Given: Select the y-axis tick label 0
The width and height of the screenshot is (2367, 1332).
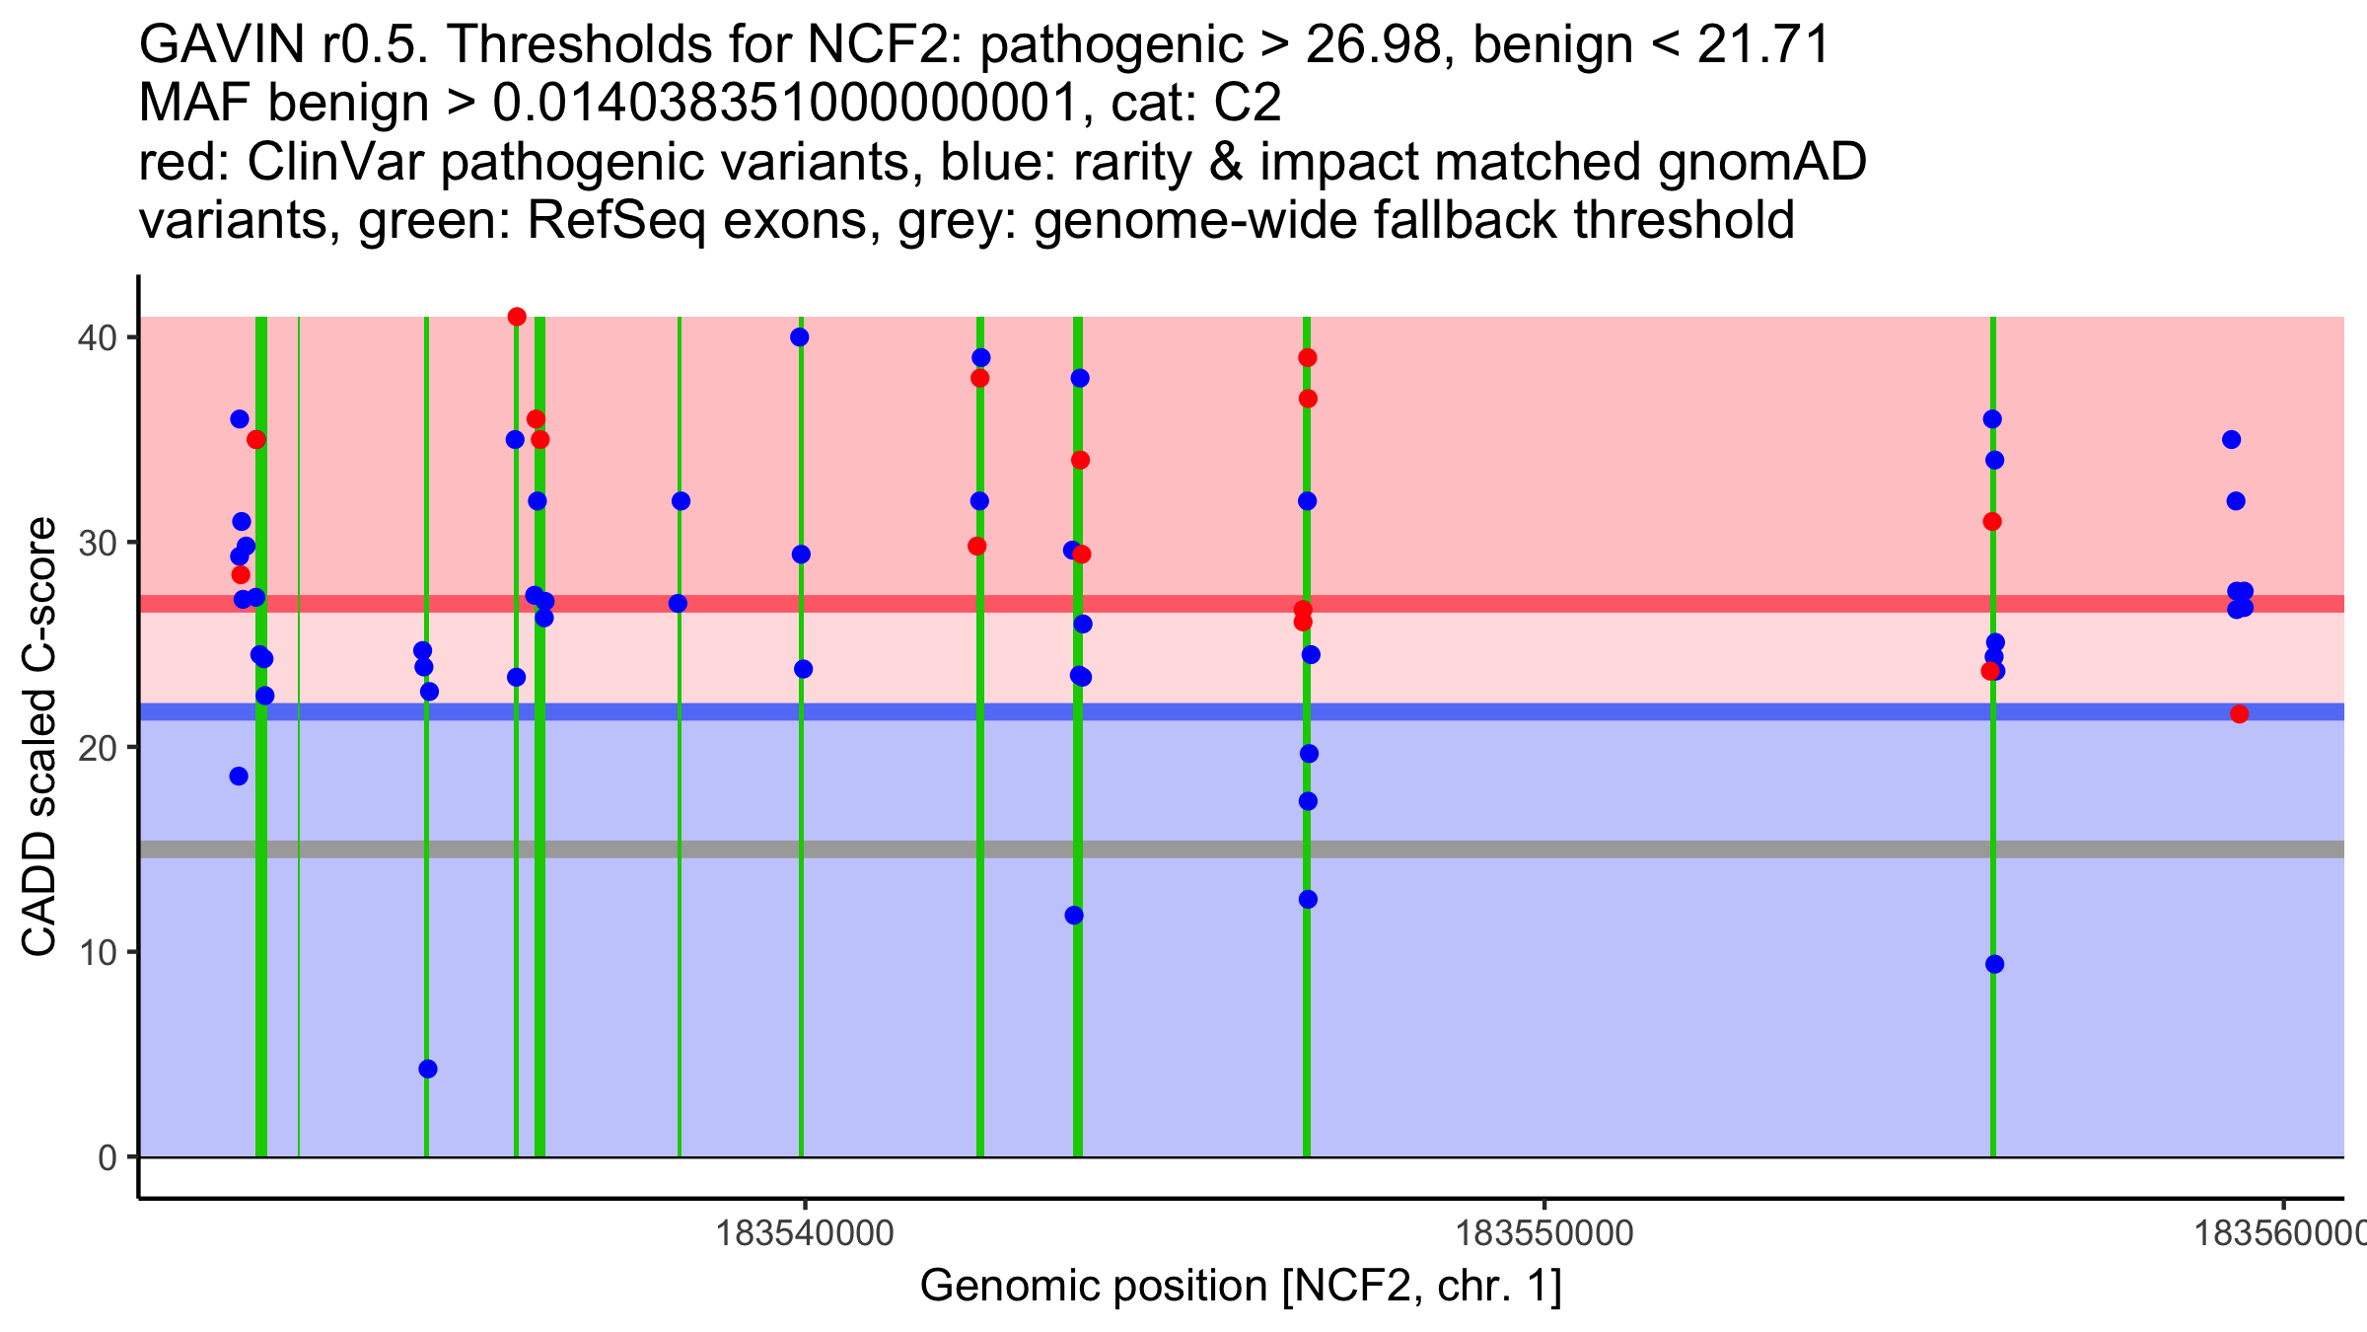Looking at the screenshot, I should [x=107, y=1158].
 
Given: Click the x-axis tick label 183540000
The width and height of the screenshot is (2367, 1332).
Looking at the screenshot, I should [x=805, y=1233].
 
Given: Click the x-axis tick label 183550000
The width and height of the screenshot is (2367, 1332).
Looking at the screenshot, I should [x=1544, y=1233].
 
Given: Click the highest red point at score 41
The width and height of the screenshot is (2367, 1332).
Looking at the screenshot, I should [x=517, y=317].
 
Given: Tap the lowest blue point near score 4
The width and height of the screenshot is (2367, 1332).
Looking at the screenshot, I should [x=428, y=1070].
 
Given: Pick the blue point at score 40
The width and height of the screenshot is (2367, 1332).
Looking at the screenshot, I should [x=800, y=337].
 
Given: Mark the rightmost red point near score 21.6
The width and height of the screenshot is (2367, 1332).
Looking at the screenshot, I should [x=2240, y=714].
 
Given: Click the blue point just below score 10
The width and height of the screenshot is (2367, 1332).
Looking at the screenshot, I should [x=1994, y=965].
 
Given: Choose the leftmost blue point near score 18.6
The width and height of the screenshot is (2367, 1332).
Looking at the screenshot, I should [x=239, y=777].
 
